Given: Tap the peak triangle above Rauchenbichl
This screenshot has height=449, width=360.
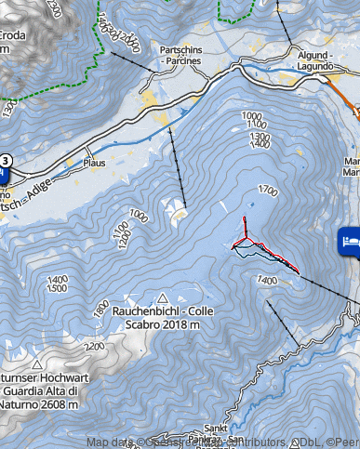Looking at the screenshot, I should click(x=163, y=296).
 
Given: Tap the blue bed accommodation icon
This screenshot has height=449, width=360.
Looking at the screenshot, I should click(x=350, y=239).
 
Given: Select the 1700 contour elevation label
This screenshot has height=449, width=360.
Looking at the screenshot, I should click(x=268, y=191).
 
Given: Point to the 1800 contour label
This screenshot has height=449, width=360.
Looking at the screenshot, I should click(x=100, y=307).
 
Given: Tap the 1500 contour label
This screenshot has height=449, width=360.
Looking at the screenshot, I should click(x=57, y=289).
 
